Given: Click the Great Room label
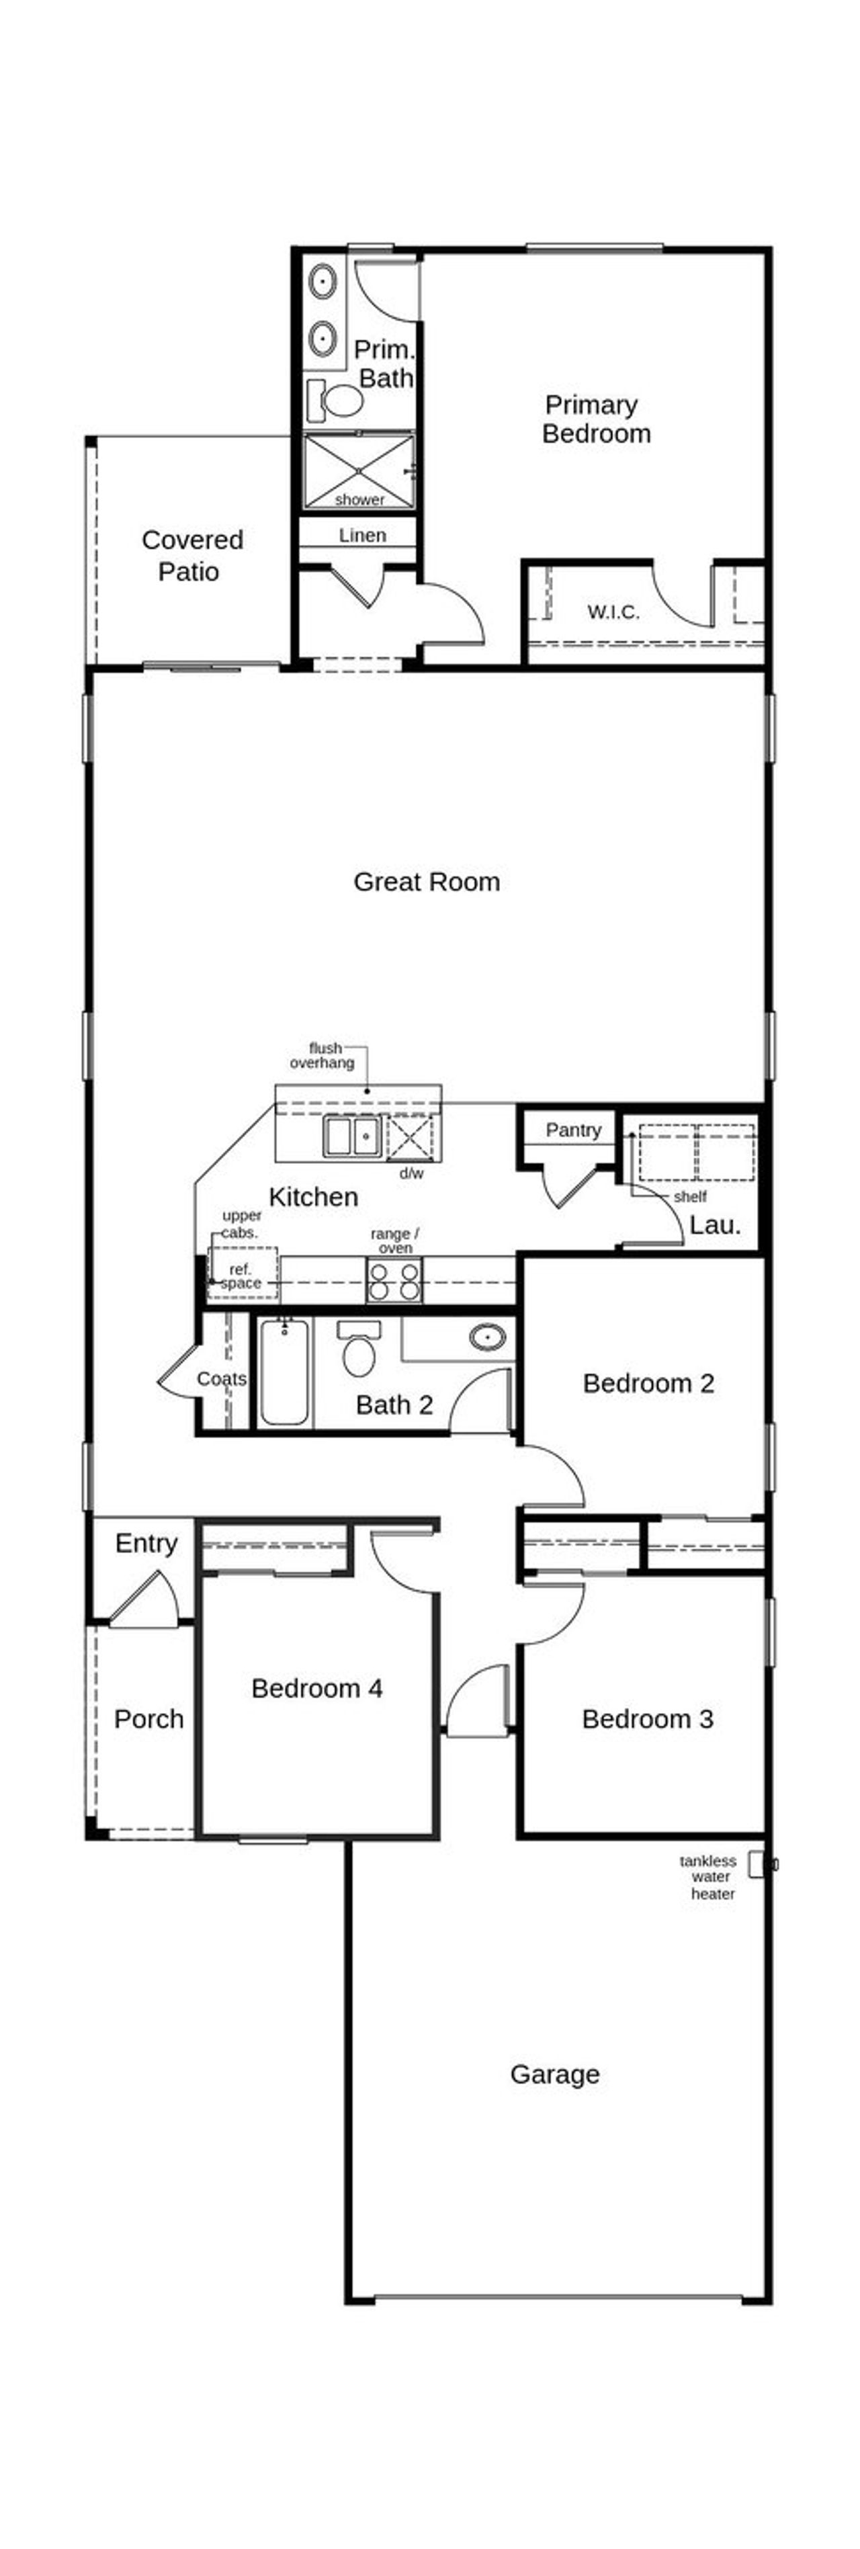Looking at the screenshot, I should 427,882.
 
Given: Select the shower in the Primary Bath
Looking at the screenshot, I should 358,472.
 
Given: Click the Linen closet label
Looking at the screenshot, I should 362,536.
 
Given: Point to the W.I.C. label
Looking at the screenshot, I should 613,612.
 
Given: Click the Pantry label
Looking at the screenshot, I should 573,1130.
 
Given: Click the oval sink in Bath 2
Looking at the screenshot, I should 487,1339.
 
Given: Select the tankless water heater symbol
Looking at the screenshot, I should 757,1864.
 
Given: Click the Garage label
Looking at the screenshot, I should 554,2073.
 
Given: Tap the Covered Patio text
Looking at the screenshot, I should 191,555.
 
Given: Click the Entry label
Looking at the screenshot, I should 146,1544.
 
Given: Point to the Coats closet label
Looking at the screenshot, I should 220,1378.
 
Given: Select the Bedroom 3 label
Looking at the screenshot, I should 647,1719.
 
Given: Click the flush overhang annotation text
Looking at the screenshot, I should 322,1055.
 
